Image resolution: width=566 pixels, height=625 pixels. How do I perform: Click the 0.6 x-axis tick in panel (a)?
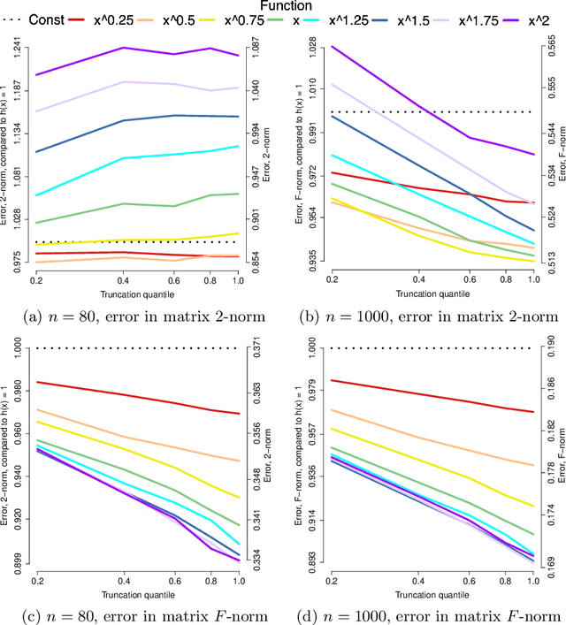click(x=173, y=278)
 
